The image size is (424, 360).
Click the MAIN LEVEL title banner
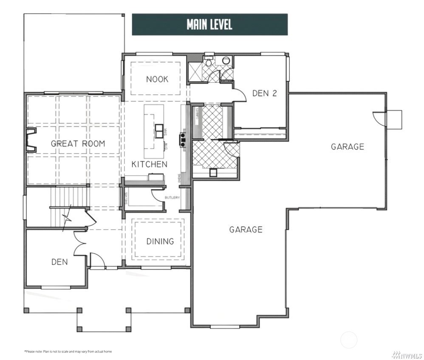(209, 25)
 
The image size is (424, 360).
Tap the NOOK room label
(157, 79)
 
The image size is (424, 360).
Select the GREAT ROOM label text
(78, 143)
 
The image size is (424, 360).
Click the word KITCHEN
(149, 164)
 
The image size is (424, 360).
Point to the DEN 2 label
(264, 93)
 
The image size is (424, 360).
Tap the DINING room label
(160, 241)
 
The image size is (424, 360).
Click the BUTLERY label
(172, 198)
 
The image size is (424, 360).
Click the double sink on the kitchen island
(158, 131)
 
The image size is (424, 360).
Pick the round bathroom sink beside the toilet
(226, 60)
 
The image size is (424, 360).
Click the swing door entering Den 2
(239, 95)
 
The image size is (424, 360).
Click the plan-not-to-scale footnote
(68, 352)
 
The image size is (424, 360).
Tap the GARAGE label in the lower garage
(246, 230)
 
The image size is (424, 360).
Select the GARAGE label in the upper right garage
(348, 147)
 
